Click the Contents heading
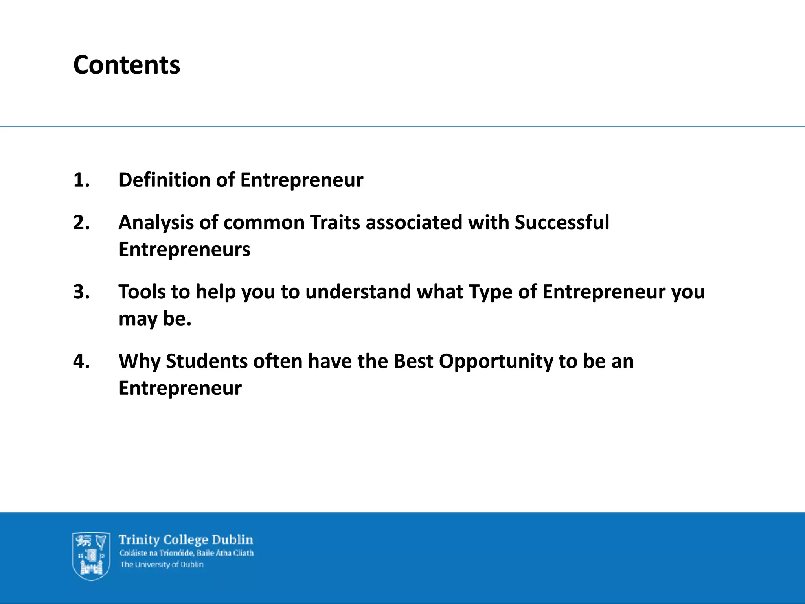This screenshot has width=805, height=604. click(x=127, y=65)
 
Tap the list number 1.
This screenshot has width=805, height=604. click(x=81, y=180)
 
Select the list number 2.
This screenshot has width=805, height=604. click(x=81, y=223)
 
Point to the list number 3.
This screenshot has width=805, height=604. click(x=81, y=292)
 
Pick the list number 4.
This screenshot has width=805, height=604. click(x=81, y=361)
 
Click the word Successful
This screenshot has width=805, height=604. click(x=562, y=223)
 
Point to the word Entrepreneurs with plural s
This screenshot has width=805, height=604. click(x=184, y=250)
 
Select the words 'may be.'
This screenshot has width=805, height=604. click(x=155, y=319)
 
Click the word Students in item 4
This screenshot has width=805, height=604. click(x=206, y=361)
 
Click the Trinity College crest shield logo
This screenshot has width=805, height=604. click(x=91, y=556)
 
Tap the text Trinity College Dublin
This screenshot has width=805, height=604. click(x=186, y=540)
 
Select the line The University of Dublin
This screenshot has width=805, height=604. click(x=162, y=565)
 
